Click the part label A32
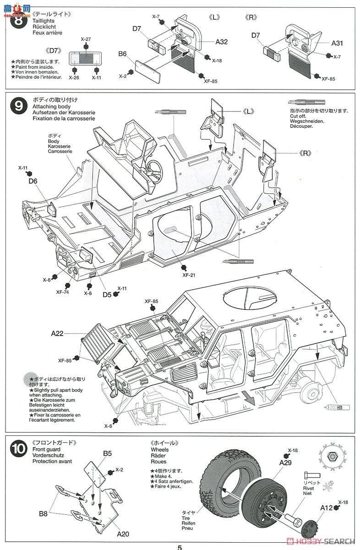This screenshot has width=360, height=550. (x=222, y=42)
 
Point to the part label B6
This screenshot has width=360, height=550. (x=122, y=54)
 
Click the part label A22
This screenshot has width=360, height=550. (x=57, y=334)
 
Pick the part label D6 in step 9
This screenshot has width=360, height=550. (x=33, y=181)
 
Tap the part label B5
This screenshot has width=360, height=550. (x=107, y=454)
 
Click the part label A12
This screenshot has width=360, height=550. (x=326, y=507)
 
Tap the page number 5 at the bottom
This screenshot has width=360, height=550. (x=180, y=547)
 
